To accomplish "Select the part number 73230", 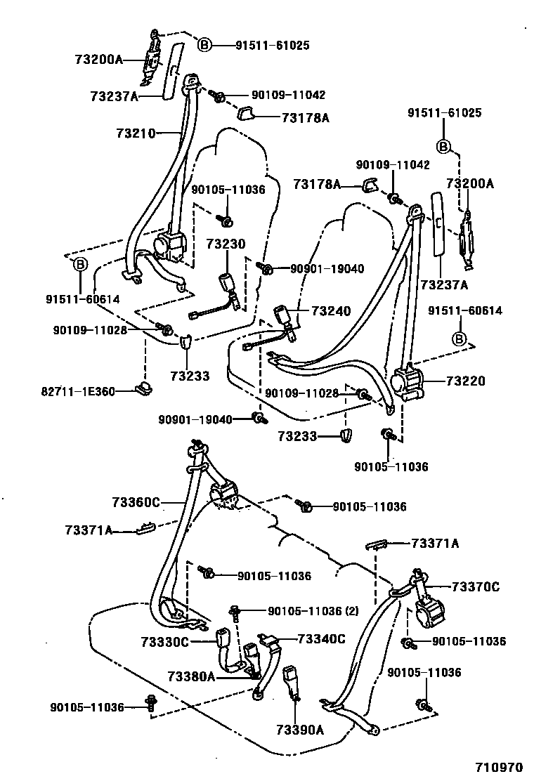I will point(226,244).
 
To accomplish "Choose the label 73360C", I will point(136,501).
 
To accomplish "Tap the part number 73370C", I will point(476,586).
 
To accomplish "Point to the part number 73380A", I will point(191,676).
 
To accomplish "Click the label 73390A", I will point(300,729).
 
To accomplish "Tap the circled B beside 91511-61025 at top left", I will point(203,46).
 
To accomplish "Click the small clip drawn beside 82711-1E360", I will point(145,388).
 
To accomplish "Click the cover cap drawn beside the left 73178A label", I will point(247,114).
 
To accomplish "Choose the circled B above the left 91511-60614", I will point(80,265).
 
